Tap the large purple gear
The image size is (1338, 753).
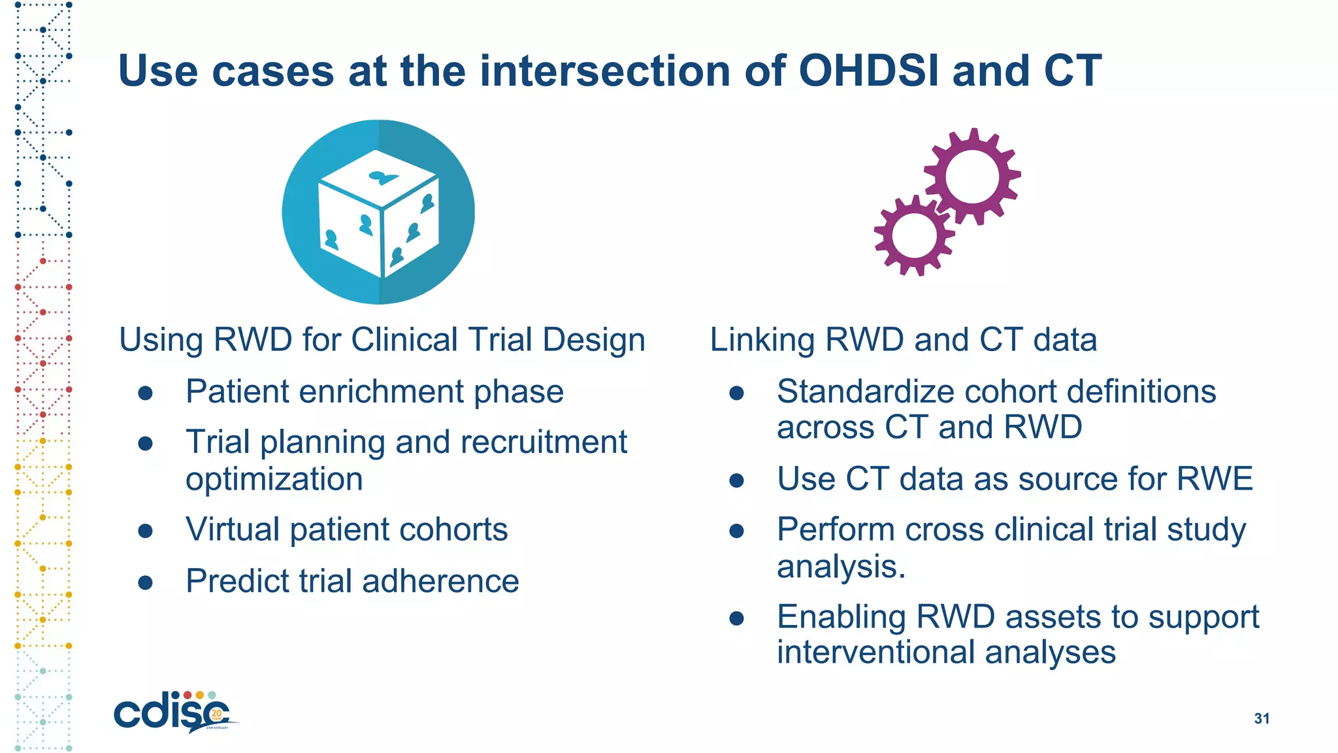click(972, 176)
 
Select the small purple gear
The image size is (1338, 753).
click(914, 235)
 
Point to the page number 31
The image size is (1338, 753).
click(1262, 718)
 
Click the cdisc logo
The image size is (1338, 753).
click(173, 712)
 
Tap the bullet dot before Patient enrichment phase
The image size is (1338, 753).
click(146, 393)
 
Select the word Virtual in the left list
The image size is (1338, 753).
click(232, 529)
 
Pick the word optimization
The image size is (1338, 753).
click(274, 480)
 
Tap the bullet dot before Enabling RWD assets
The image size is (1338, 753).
click(737, 618)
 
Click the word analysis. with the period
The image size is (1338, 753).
click(841, 566)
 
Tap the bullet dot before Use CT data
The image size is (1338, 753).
click(737, 480)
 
